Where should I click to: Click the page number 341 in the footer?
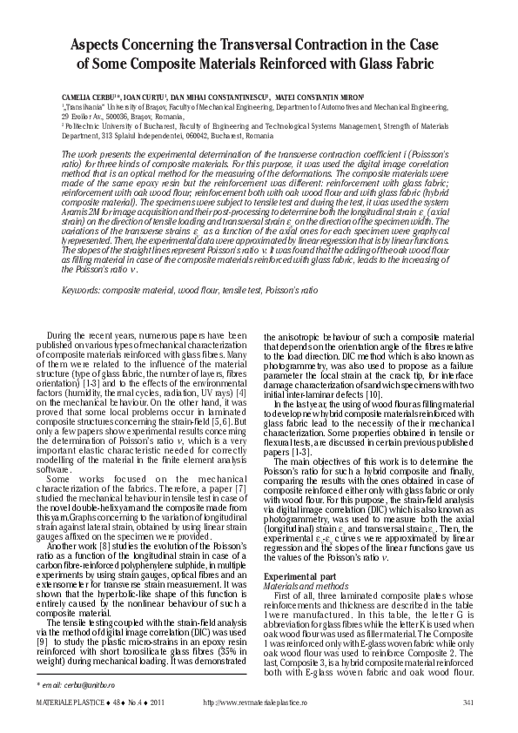pos(468,704)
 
